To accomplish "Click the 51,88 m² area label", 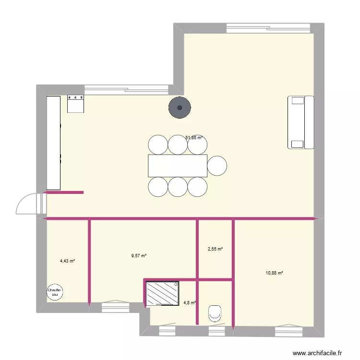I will click(x=194, y=138).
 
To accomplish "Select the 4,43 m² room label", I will click(x=67, y=261).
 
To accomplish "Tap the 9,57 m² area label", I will click(x=139, y=256).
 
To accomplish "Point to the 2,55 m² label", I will click(x=215, y=249).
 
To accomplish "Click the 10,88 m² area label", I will click(x=274, y=273).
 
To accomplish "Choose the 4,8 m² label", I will click(x=190, y=302).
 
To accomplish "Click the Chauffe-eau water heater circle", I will click(x=55, y=291).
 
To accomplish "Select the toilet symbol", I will click(x=215, y=312).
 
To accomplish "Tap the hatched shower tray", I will click(x=162, y=293).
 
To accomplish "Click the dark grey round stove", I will click(x=180, y=108).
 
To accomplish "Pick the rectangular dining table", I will click(x=178, y=166).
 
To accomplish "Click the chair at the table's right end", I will click(x=217, y=166).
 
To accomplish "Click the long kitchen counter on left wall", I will click(x=53, y=143).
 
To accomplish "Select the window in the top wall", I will click(x=269, y=29).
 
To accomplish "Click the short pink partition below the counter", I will click(x=64, y=192).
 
